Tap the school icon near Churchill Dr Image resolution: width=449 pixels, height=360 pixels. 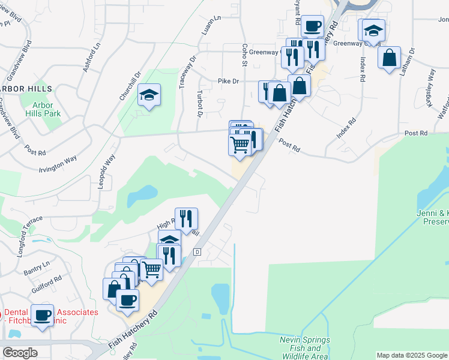pyautogui.click(x=149, y=95)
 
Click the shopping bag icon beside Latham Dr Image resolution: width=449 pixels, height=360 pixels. pyautogui.click(x=390, y=58)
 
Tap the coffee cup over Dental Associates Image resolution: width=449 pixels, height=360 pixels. pyautogui.click(x=42, y=315)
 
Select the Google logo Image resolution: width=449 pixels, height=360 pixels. pyautogui.click(x=20, y=353)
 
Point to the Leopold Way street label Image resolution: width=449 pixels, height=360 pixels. pyautogui.click(x=106, y=171)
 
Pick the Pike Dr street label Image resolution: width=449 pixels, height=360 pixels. pyautogui.click(x=228, y=81)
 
